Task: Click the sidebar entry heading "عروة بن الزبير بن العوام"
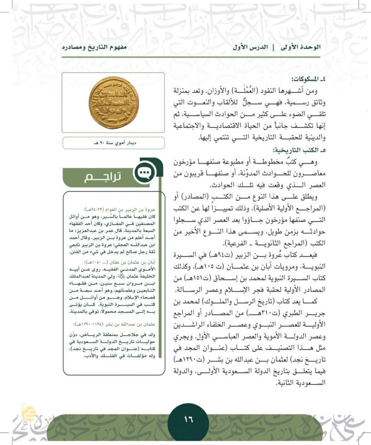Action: coord(132,210)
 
